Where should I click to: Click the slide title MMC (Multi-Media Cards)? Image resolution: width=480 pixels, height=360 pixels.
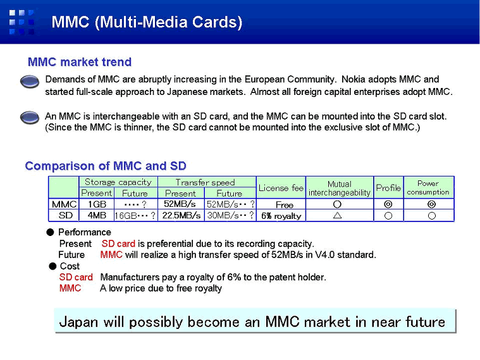(147, 22)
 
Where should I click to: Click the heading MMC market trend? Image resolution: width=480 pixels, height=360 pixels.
(80, 62)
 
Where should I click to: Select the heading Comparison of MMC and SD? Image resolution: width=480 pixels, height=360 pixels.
(106, 166)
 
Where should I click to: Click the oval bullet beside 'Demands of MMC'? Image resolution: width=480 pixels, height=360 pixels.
(30, 82)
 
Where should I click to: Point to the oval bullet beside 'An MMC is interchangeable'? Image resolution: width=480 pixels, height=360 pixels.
(30, 118)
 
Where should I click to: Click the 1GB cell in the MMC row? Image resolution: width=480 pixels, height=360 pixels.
(97, 204)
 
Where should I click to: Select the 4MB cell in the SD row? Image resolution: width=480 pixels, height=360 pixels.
(97, 215)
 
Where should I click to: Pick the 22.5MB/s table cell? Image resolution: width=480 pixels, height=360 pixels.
(182, 215)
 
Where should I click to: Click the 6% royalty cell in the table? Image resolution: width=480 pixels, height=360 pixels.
(281, 216)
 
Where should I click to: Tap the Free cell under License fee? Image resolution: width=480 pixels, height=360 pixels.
(285, 204)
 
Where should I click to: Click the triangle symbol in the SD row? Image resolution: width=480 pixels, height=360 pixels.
(337, 215)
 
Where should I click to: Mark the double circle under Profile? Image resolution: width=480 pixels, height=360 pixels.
(388, 204)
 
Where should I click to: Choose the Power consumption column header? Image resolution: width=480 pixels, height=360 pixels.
(428, 187)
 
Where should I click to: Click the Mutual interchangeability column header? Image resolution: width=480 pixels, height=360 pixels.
(340, 188)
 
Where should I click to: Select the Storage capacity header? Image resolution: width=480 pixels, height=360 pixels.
(118, 182)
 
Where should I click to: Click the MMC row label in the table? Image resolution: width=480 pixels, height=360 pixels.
(64, 204)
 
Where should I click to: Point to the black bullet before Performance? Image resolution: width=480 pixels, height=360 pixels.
(50, 232)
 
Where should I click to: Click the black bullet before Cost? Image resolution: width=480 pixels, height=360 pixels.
(52, 266)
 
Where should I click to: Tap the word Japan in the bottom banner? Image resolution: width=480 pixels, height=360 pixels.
(78, 322)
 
